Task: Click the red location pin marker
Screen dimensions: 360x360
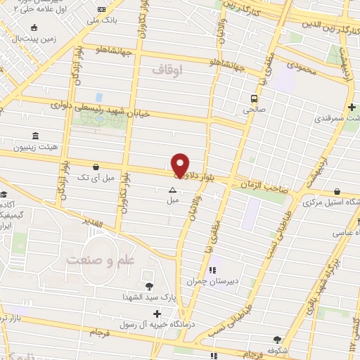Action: (x=181, y=165)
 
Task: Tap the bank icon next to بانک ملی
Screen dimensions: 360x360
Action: (x=103, y=9)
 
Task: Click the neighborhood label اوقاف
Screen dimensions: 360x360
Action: (x=167, y=70)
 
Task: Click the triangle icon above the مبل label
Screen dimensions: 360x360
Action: (x=173, y=190)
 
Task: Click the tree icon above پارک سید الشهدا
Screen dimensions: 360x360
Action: (x=150, y=285)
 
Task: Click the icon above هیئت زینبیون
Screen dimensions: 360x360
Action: (x=34, y=136)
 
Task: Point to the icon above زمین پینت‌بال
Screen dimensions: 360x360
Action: (x=34, y=28)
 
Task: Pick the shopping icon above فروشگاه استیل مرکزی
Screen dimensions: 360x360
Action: (x=337, y=191)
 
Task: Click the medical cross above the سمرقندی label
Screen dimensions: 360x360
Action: (x=352, y=106)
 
